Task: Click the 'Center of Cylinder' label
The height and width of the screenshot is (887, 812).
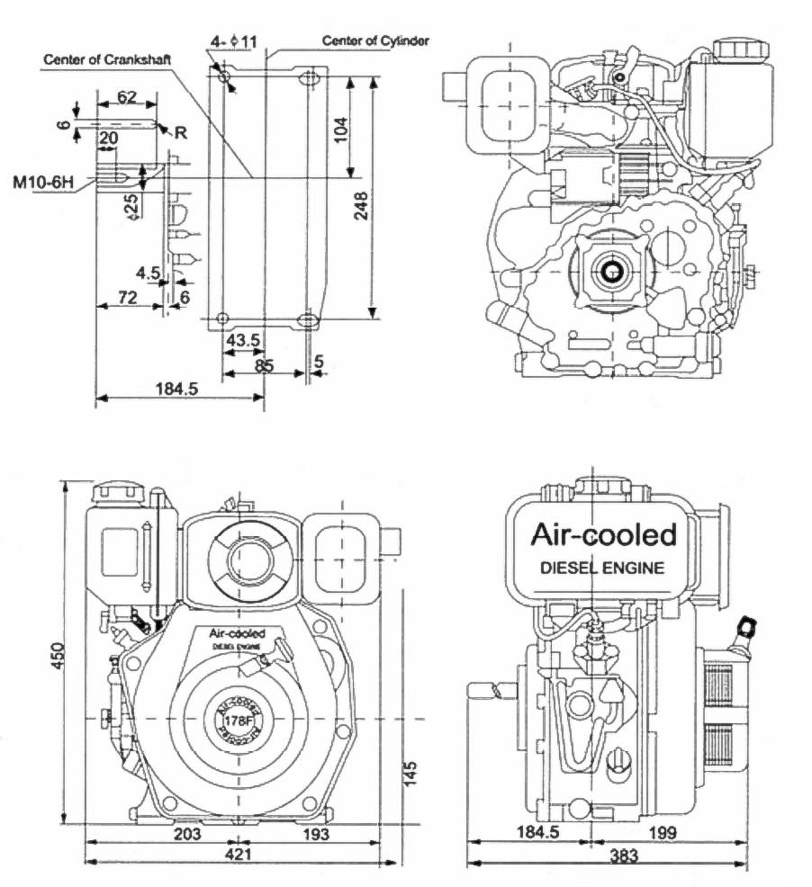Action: point(375,40)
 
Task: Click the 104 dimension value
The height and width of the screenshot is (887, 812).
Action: point(339,132)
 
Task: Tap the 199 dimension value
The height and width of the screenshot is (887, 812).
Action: point(662,832)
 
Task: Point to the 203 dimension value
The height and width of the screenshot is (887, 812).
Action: point(186,833)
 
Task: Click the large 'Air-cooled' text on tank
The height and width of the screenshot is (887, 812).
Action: point(603,534)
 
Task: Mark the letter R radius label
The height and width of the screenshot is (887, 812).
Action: point(181,133)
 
